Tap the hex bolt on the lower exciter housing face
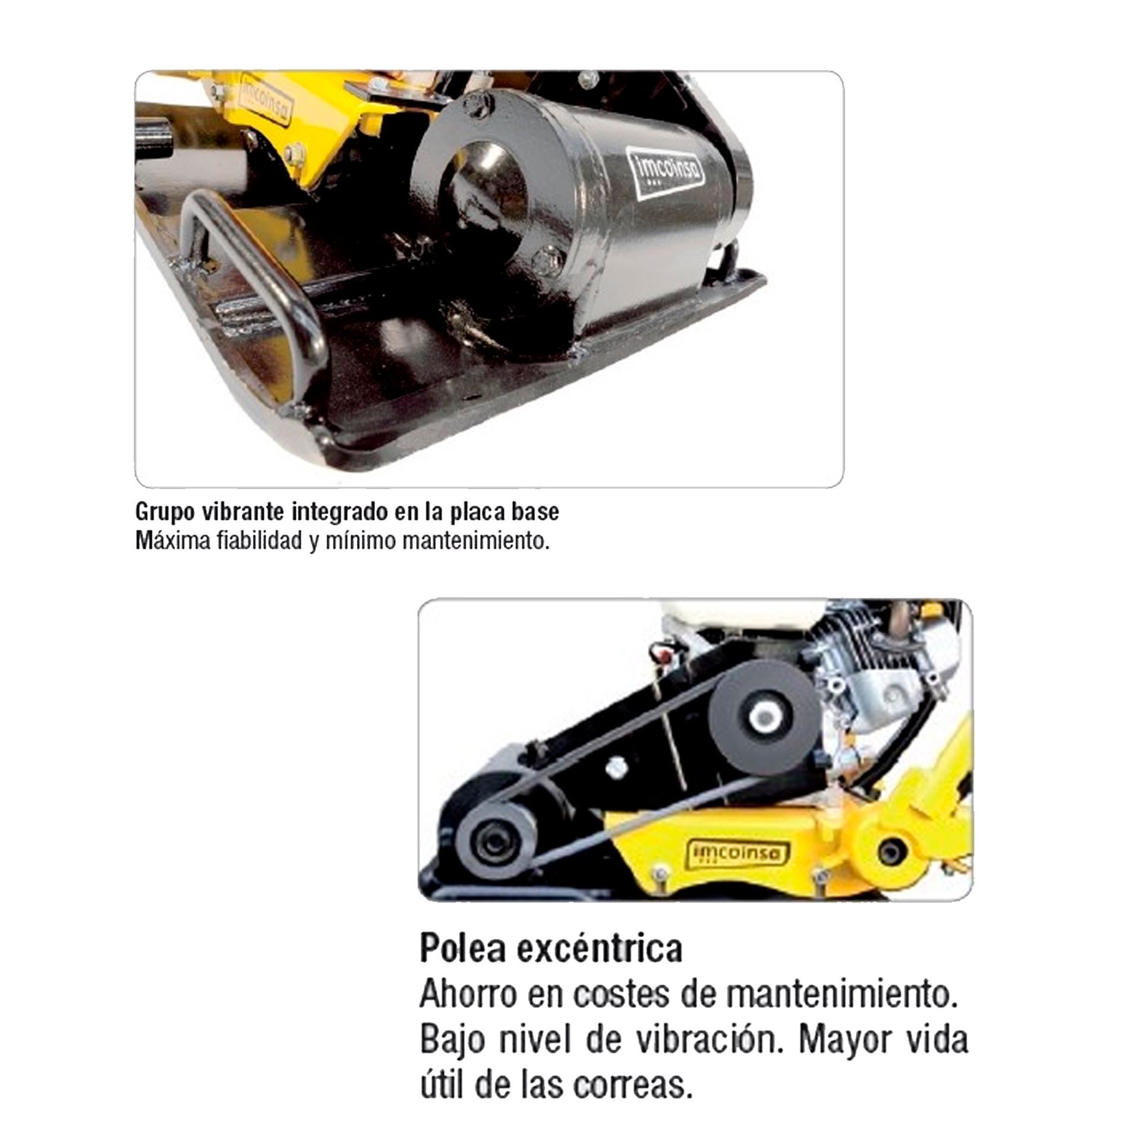(545, 260)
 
